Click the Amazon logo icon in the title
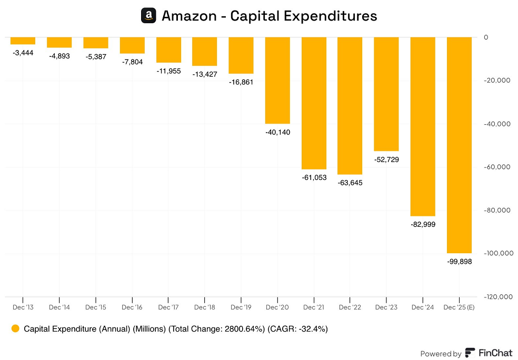tap(149, 16)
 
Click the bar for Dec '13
tap(23, 41)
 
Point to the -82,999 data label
tap(423, 224)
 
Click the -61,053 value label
tap(314, 177)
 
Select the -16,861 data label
tap(241, 82)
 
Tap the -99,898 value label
tap(459, 262)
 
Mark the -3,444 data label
tap(23, 52)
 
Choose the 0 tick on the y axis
tap(486, 37)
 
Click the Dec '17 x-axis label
tap(168, 307)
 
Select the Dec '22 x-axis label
tap(350, 307)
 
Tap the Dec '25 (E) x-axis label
tap(459, 307)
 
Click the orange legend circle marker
tap(15, 329)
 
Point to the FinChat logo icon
tap(470, 353)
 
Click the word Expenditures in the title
tap(331, 16)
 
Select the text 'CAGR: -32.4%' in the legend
tap(298, 329)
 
